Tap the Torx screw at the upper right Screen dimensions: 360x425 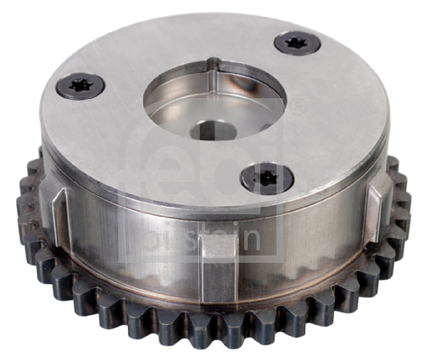pos(294,41)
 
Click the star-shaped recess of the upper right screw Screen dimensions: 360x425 pos(294,41)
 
